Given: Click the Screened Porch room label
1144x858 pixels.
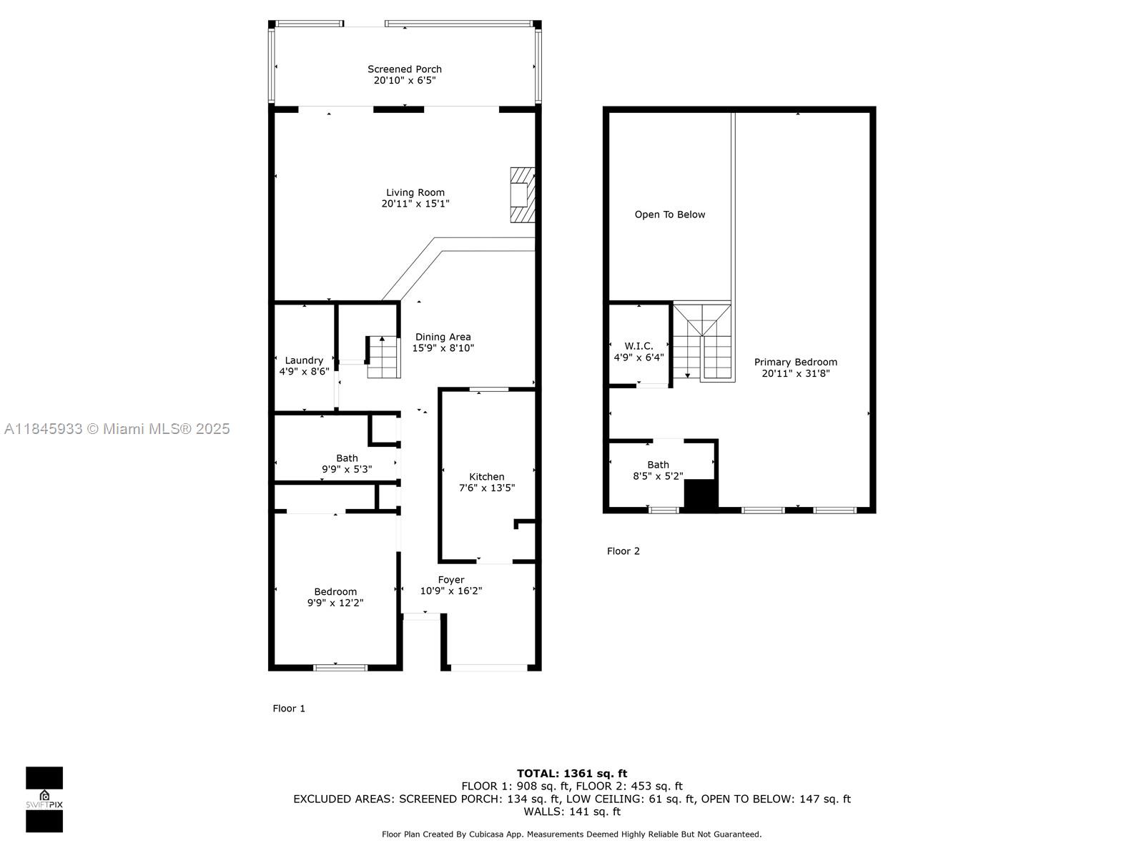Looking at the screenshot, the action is pyautogui.click(x=405, y=69).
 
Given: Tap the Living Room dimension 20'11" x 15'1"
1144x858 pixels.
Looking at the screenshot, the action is pyautogui.click(x=415, y=204).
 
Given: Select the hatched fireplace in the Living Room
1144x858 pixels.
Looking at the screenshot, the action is pyautogui.click(x=522, y=194).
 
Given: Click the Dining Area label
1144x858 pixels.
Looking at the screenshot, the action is pyautogui.click(x=443, y=337).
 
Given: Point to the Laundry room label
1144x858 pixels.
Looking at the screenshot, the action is pyautogui.click(x=304, y=360).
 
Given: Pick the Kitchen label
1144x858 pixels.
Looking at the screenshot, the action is pyautogui.click(x=487, y=477).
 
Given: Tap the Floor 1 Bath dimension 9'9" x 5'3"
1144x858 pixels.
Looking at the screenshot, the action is pyautogui.click(x=347, y=469).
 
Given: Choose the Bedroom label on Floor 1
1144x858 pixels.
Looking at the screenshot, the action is pyautogui.click(x=335, y=592).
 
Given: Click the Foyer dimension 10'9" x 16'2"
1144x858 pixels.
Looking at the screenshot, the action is pyautogui.click(x=451, y=591).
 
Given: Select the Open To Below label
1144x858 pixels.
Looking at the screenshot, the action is pyautogui.click(x=670, y=214).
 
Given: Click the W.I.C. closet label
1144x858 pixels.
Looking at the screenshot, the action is pyautogui.click(x=639, y=346).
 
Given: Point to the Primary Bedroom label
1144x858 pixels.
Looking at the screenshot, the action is pyautogui.click(x=796, y=362).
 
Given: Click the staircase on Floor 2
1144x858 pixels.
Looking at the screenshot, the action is pyautogui.click(x=703, y=342).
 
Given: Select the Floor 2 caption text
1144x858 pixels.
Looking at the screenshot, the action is pyautogui.click(x=623, y=551).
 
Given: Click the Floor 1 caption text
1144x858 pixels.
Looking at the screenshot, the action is pyautogui.click(x=289, y=709).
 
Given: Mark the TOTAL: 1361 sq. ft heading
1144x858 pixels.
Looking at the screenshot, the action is pyautogui.click(x=572, y=774).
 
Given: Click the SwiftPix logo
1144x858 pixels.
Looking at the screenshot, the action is pyautogui.click(x=44, y=799).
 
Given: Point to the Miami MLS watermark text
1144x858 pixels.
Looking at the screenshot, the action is pyautogui.click(x=117, y=429).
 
